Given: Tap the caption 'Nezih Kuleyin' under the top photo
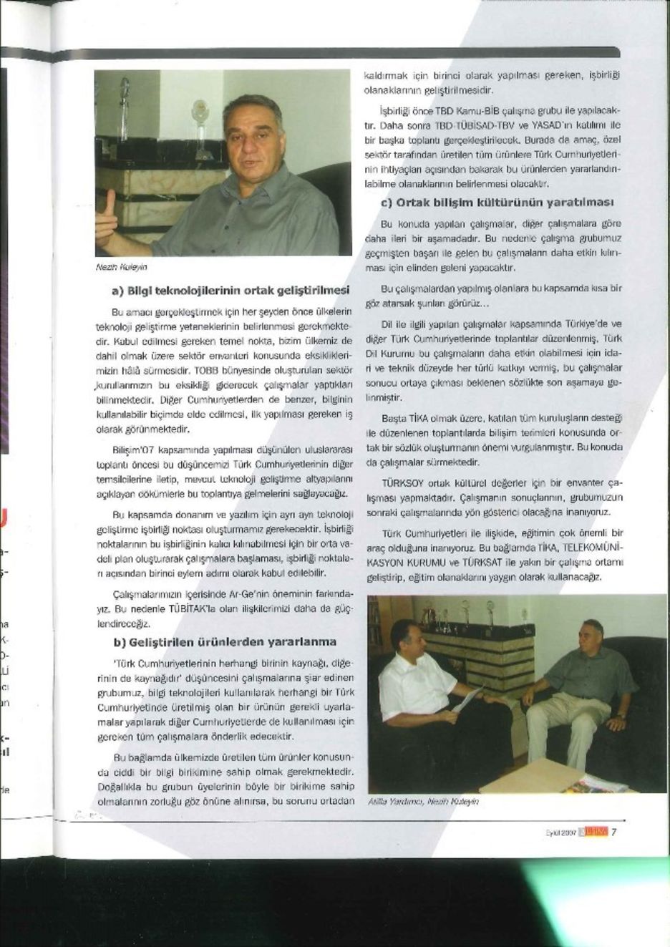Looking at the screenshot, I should [125, 266].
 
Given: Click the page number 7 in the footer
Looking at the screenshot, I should [614, 832].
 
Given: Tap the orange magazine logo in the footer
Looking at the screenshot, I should [593, 832].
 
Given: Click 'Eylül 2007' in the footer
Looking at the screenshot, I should [560, 832].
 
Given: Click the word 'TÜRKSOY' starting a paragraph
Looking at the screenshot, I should [402, 483].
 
